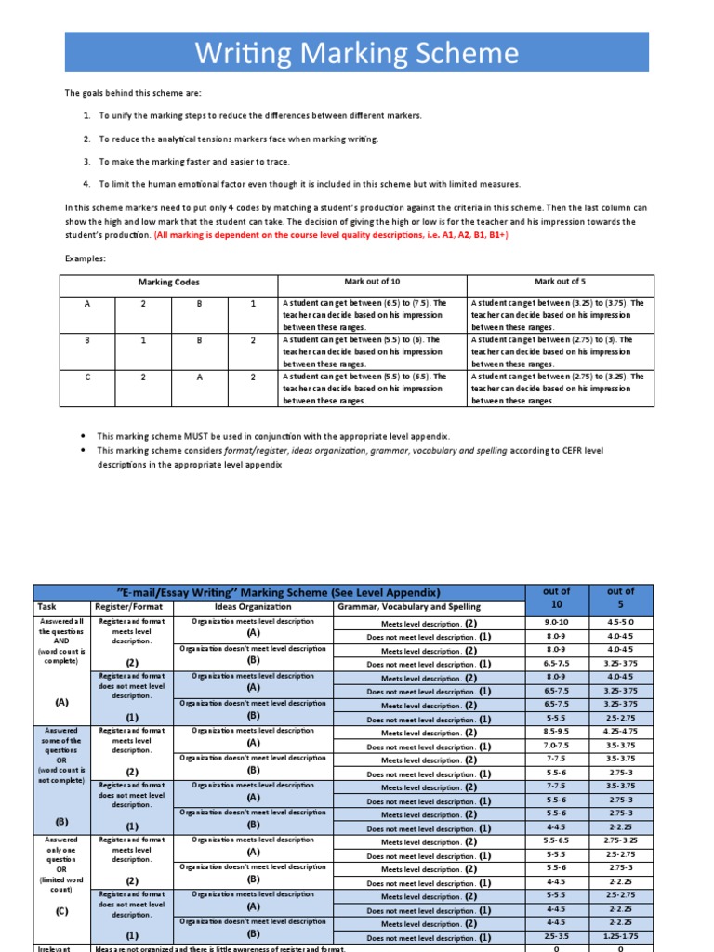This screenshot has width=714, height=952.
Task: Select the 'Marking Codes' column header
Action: [168, 282]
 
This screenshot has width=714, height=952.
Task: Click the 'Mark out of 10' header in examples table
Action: [372, 281]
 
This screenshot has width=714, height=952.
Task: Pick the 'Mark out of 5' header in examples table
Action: [561, 281]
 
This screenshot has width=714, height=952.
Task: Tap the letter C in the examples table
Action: [87, 377]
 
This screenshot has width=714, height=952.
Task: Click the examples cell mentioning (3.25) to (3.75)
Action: [562, 314]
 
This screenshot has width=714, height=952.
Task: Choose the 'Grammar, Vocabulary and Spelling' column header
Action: [409, 607]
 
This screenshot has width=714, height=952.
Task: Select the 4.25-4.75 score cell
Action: [621, 732]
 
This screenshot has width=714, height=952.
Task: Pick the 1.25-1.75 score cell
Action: [621, 937]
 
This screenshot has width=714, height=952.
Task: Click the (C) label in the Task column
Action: [61, 912]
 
